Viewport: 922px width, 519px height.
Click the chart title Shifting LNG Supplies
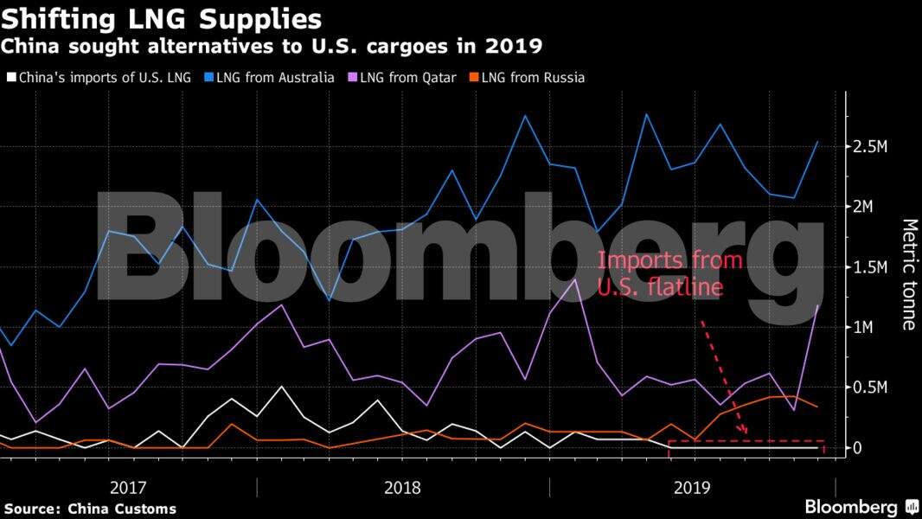coord(163,19)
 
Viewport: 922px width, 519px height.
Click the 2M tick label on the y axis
coord(865,207)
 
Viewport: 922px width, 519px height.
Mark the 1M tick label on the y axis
coord(865,327)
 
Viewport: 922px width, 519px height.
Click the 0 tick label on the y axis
coord(857,448)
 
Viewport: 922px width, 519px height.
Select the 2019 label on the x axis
coord(692,487)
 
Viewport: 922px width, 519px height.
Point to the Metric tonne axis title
coord(907,274)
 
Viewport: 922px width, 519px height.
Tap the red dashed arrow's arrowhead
coord(743,431)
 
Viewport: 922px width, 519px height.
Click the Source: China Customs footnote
coord(90,509)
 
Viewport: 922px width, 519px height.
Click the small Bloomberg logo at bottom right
coord(860,507)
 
